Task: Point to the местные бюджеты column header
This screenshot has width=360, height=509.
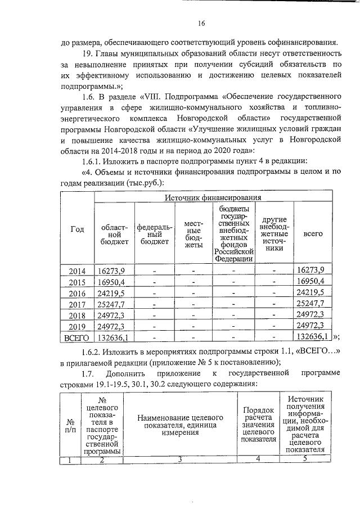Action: point(193,234)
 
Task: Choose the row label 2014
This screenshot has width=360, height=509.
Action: point(77,271)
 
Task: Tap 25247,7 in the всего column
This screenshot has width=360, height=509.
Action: point(310,304)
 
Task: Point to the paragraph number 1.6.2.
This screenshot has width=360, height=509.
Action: point(94,353)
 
